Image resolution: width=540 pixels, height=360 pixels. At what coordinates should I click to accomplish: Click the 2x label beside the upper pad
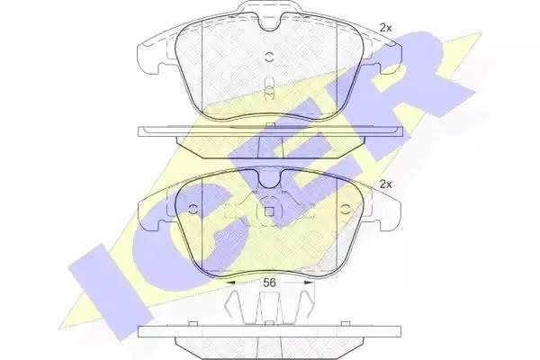tap(385, 28)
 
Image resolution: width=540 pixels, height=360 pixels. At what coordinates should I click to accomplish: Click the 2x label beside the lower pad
tap(385, 184)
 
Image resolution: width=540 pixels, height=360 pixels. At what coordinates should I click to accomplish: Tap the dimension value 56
tap(269, 283)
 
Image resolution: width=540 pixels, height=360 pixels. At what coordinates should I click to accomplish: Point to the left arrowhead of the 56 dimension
tap(230, 283)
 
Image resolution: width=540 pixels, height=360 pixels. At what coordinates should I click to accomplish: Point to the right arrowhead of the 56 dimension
tap(309, 283)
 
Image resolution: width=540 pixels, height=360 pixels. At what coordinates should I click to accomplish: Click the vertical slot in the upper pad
tap(269, 89)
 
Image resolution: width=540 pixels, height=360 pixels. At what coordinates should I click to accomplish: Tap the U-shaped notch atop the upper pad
tap(270, 23)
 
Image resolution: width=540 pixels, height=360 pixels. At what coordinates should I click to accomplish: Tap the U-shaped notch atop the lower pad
tap(270, 179)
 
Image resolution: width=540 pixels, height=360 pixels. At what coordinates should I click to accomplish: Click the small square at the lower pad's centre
tap(269, 211)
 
